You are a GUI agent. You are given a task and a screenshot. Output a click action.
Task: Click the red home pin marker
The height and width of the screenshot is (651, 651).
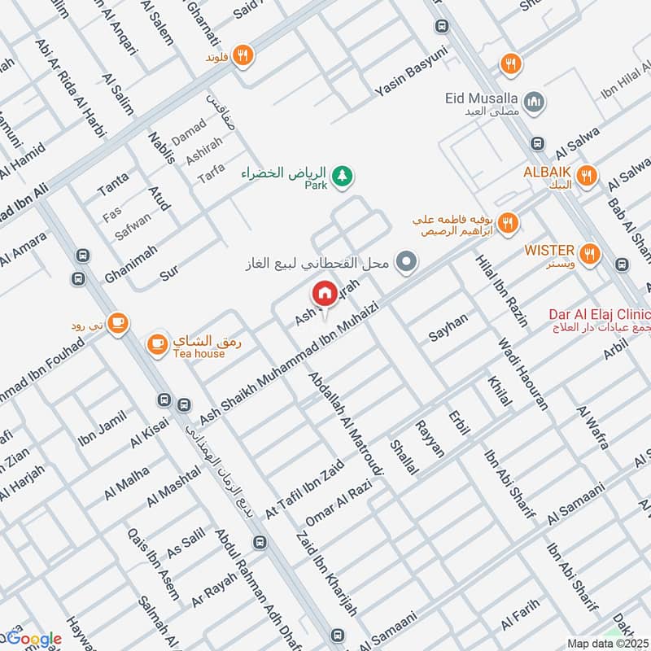tap(324, 294)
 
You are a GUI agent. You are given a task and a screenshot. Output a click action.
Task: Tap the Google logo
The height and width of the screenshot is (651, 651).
tap(34, 640)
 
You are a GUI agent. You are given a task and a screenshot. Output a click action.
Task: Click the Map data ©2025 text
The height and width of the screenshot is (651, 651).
tap(607, 643)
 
